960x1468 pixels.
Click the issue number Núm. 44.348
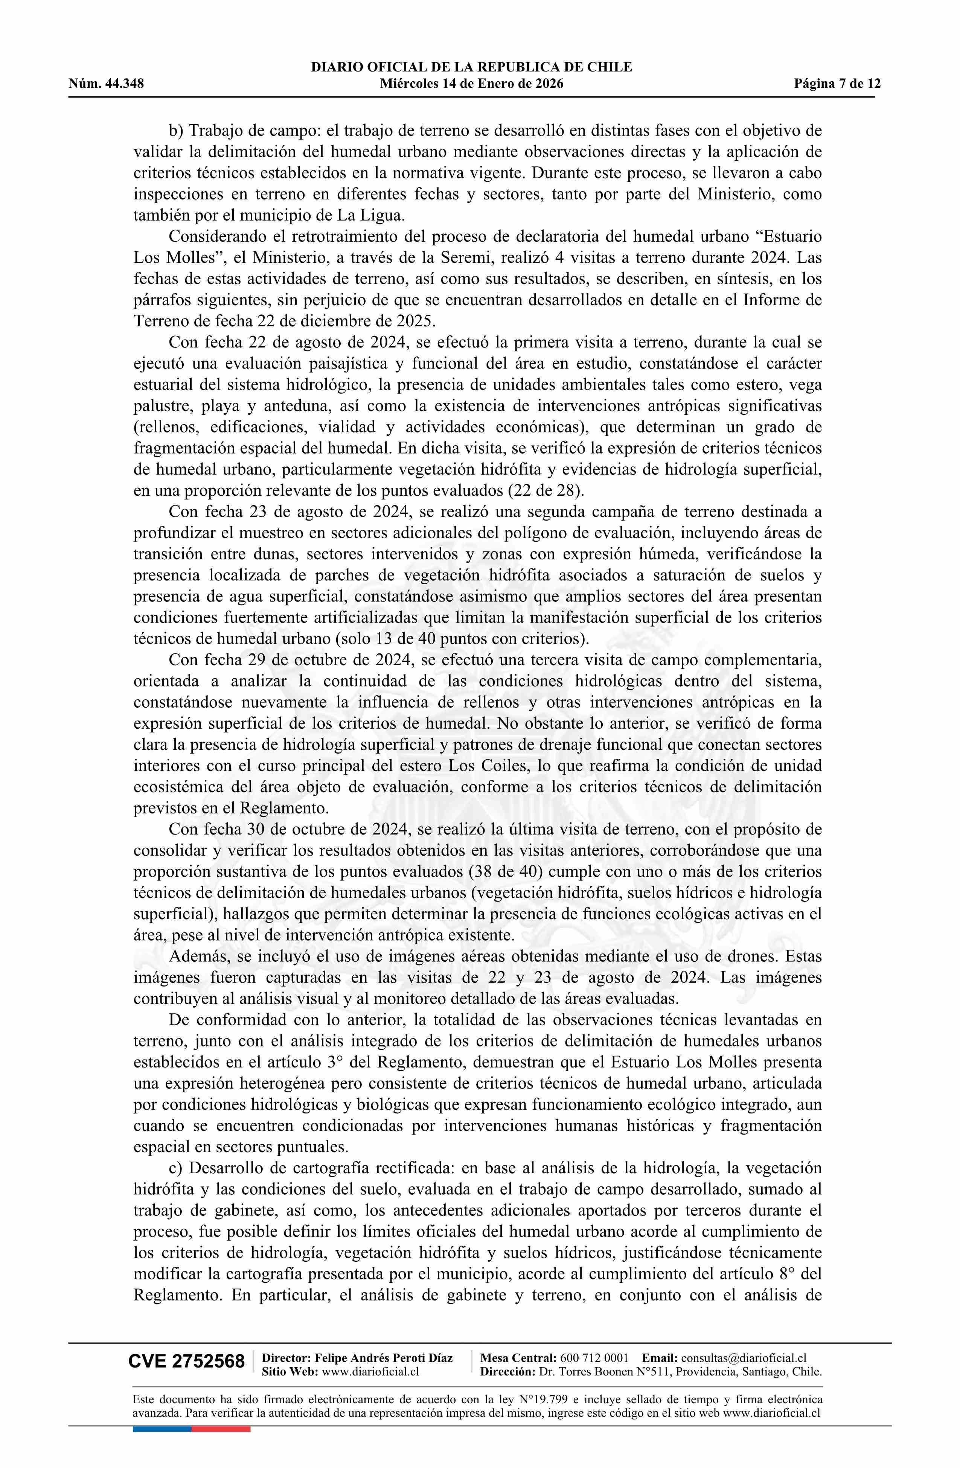pyautogui.click(x=106, y=84)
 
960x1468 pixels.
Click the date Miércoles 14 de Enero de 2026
pyautogui.click(x=471, y=84)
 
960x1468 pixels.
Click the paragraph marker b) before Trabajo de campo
pyautogui.click(x=177, y=131)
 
